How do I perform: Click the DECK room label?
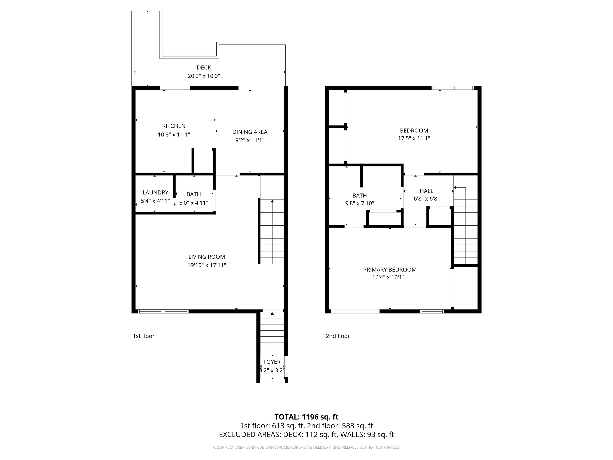point(204,67)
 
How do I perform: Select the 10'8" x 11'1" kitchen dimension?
point(174,135)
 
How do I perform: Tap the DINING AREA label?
point(250,132)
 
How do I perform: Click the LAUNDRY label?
point(155,192)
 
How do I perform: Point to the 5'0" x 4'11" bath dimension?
point(193,203)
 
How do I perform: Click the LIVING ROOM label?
point(207,257)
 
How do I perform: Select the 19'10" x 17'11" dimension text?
point(207,265)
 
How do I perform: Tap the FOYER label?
point(272,362)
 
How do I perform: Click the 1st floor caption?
point(143,336)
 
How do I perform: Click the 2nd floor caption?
point(338,336)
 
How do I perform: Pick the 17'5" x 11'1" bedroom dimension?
point(414,138)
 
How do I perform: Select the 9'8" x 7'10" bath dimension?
point(359,203)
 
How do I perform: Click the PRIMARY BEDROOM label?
point(390,270)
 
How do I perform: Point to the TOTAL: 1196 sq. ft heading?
point(306,417)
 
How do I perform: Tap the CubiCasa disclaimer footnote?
point(306,447)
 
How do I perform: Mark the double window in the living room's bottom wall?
point(163,311)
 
